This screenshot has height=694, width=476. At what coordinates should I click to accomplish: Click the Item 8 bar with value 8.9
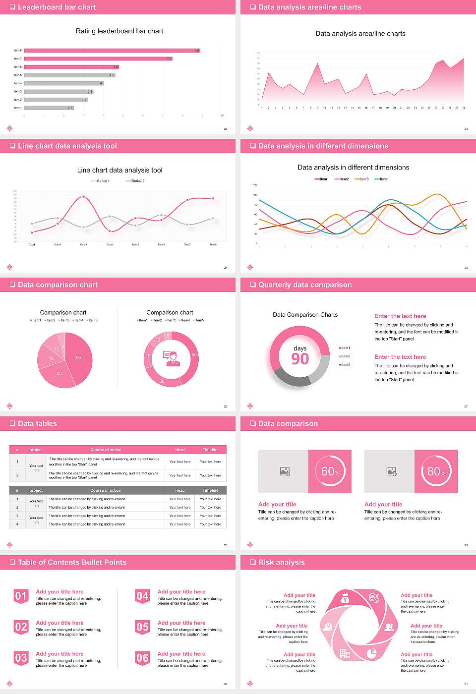click(x=112, y=51)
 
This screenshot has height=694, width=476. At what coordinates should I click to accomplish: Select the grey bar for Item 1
click(x=49, y=108)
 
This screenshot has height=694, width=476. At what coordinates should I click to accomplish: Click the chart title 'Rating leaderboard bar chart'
click(x=119, y=31)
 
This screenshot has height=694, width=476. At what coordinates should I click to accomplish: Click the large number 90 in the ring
click(x=300, y=359)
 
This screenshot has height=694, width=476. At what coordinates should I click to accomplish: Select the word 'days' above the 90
click(x=300, y=348)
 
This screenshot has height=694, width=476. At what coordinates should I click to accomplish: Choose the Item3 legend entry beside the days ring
click(x=345, y=365)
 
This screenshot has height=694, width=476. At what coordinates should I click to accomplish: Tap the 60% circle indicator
click(x=330, y=471)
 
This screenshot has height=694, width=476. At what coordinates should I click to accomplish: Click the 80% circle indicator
click(x=436, y=471)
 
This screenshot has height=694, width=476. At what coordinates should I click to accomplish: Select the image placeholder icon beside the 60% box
click(x=285, y=471)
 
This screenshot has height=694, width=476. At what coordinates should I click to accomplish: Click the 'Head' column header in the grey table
click(x=179, y=490)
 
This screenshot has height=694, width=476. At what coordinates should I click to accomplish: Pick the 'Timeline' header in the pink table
click(x=210, y=450)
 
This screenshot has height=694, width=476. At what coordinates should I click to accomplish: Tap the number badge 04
click(x=142, y=596)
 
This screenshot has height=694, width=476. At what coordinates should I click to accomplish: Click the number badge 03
click(x=21, y=658)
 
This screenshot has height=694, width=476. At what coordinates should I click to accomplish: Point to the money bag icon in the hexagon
click(x=346, y=599)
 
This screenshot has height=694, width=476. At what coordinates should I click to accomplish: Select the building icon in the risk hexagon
click(x=345, y=654)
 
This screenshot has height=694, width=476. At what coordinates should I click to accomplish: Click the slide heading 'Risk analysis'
click(x=281, y=563)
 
